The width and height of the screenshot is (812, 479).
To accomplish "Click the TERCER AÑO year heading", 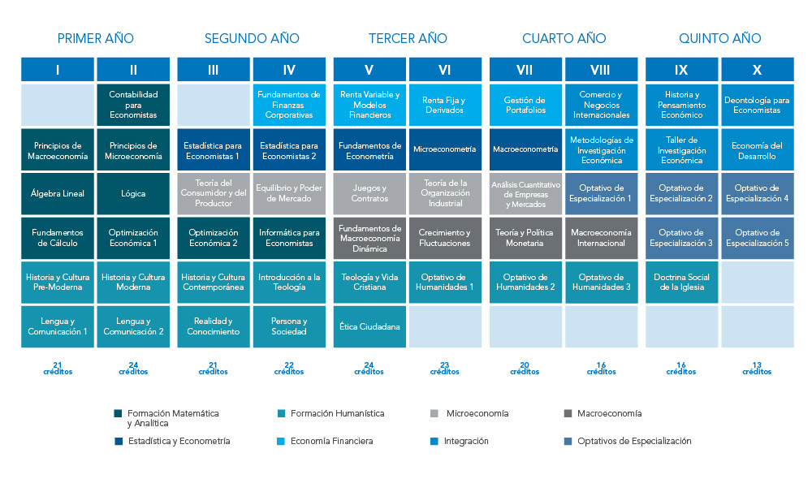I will point(408,38).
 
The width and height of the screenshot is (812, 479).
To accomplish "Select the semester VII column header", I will point(525,70).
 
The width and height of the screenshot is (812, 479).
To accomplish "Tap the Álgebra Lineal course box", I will point(58,193).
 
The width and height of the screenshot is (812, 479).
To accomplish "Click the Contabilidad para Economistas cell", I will point(133,105).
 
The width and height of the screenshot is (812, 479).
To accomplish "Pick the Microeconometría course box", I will point(444,149).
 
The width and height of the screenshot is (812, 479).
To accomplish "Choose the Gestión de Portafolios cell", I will point(525,105).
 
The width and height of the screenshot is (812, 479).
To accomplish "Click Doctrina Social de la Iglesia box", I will point(680,282).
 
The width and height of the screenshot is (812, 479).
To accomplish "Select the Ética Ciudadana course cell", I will point(369,326).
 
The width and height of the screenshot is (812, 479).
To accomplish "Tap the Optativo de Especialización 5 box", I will point(757,237).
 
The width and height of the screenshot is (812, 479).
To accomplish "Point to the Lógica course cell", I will point(133,193).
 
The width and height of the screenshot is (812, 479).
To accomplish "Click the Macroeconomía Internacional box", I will point(601,237).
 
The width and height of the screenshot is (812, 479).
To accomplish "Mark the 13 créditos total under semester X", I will point(757,368).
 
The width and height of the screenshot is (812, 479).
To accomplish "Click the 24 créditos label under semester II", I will point(133,368).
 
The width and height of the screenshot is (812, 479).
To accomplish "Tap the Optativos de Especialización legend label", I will point(634,441).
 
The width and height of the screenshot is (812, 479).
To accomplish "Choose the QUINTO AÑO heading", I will point(719,38).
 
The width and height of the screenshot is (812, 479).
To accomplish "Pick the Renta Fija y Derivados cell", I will point(444,105).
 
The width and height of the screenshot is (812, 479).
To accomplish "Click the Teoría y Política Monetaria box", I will point(525,237).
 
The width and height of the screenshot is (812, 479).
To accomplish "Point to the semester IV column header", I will point(291,70).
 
